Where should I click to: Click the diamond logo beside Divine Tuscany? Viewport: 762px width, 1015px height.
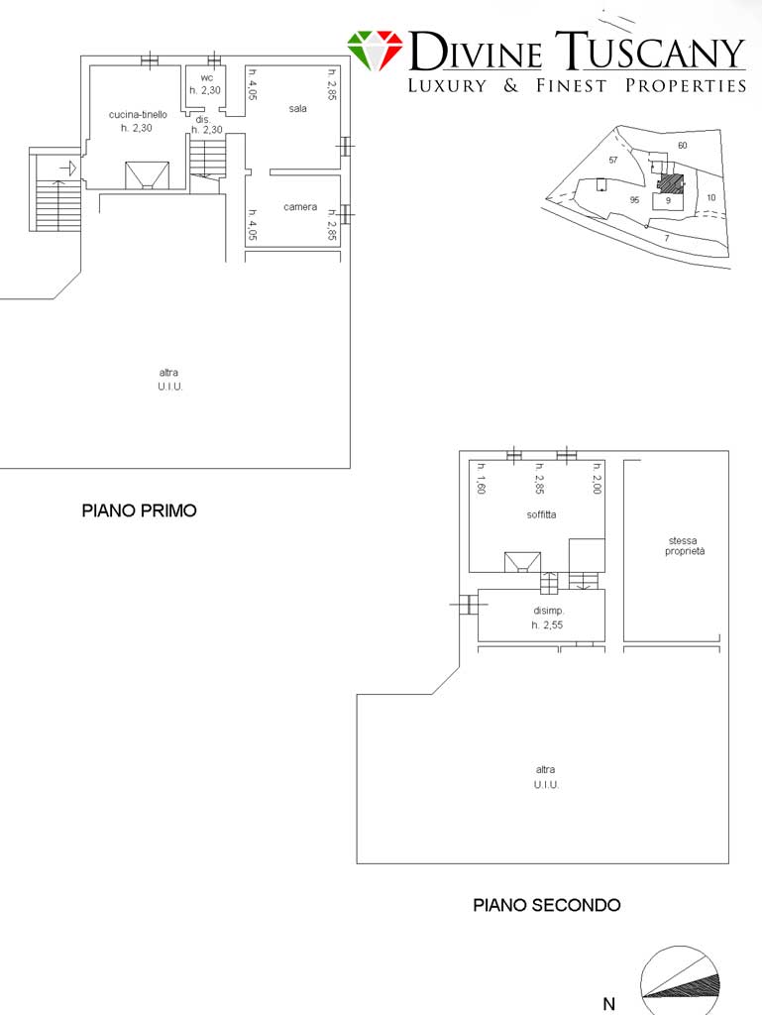tap(375, 51)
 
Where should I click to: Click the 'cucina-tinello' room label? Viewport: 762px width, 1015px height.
tap(138, 115)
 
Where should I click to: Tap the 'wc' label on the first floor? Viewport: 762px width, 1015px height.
tap(206, 77)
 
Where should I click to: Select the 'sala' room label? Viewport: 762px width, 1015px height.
tap(297, 109)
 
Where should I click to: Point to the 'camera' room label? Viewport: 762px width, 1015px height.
tap(300, 207)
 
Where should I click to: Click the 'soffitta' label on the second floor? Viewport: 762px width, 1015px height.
tap(541, 514)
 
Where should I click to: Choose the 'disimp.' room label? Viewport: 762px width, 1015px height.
tap(549, 611)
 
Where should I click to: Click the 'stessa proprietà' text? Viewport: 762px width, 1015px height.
tap(685, 546)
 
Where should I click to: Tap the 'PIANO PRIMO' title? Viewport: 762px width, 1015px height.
tap(139, 510)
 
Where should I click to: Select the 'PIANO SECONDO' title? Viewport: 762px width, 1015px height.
tap(547, 905)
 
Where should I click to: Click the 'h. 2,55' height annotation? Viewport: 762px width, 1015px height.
tap(547, 625)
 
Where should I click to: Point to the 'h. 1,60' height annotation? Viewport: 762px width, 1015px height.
tap(481, 479)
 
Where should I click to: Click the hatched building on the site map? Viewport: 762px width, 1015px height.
tap(670, 183)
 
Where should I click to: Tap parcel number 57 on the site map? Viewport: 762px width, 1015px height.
tap(613, 160)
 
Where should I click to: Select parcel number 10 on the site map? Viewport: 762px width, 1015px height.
tap(710, 197)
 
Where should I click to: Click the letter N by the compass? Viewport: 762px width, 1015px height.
tap(608, 1004)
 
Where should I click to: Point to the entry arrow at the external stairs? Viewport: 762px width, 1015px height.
tap(68, 169)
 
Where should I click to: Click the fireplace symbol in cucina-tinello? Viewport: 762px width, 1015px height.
tap(147, 175)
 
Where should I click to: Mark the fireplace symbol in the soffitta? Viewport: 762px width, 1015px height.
tap(522, 562)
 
